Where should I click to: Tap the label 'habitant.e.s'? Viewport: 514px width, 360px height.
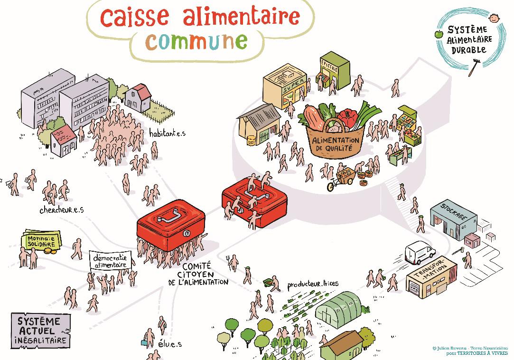point(167,133)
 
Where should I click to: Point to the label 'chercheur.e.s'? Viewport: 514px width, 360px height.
point(62,210)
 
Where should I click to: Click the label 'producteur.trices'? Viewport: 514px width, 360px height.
point(313,284)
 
